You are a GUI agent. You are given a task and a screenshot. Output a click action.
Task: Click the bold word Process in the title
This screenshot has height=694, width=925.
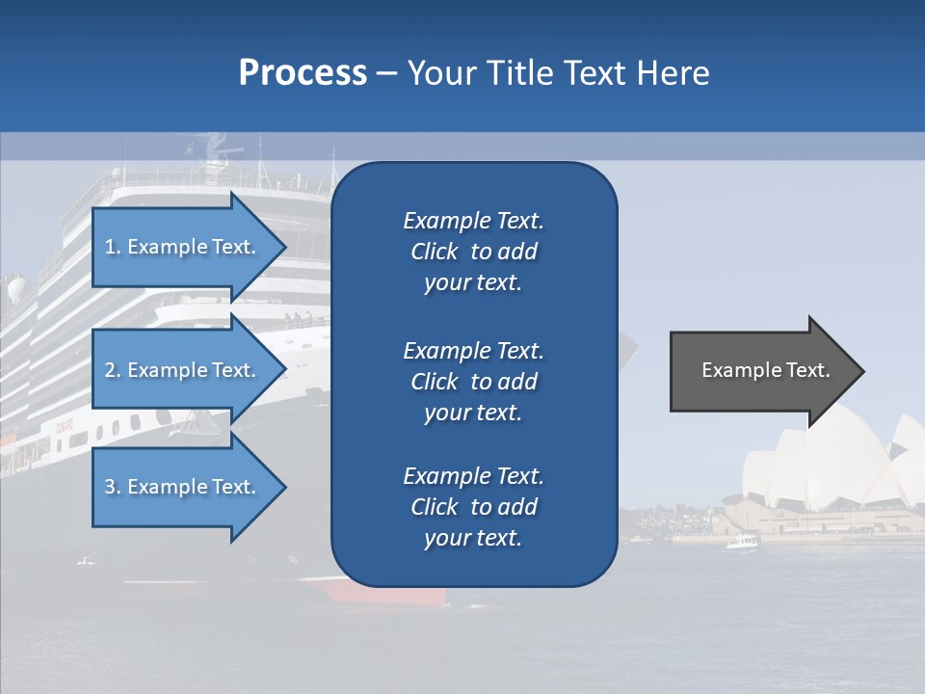click(303, 73)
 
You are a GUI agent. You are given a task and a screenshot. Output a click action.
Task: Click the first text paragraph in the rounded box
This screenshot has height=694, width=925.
click(473, 252)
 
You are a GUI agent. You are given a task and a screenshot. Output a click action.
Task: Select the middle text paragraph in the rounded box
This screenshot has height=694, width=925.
click(473, 381)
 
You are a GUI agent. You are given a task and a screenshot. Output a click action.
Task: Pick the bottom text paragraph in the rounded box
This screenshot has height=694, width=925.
click(473, 507)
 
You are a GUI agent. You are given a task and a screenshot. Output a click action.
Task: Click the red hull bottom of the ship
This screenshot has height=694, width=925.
click(385, 592)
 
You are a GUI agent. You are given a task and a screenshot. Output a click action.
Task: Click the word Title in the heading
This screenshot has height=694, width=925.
click(518, 73)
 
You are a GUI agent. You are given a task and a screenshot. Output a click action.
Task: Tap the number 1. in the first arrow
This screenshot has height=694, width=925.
click(113, 247)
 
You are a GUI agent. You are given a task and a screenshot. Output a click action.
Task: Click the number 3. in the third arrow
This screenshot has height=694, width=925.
click(113, 487)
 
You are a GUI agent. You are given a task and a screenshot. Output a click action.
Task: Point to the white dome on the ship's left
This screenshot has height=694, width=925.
click(16, 290)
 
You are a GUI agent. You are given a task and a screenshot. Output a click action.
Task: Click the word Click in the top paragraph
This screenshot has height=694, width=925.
click(434, 252)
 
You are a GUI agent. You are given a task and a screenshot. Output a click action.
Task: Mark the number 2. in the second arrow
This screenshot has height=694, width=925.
click(113, 370)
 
